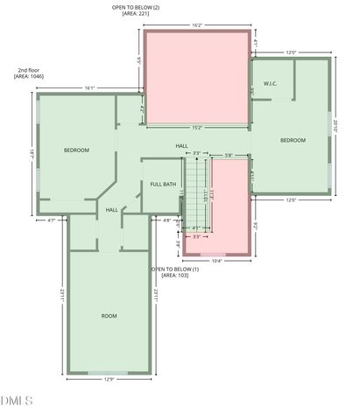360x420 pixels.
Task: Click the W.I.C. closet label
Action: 271,85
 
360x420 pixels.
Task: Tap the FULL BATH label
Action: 163,184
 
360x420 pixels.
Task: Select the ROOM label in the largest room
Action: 109,316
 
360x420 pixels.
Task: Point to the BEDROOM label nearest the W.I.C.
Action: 293,140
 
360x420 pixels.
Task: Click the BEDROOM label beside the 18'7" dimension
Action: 76,150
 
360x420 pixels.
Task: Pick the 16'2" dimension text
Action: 197,25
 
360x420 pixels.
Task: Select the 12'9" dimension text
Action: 109,379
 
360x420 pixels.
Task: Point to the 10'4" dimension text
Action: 216,261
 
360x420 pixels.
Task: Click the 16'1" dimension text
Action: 89,87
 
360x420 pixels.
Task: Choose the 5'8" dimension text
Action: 229,155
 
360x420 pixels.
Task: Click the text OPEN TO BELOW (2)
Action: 136,7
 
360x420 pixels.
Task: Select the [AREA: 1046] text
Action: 29,77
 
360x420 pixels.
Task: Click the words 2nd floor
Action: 28,70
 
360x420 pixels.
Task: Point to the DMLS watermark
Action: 16,401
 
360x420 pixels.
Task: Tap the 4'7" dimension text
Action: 52,220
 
